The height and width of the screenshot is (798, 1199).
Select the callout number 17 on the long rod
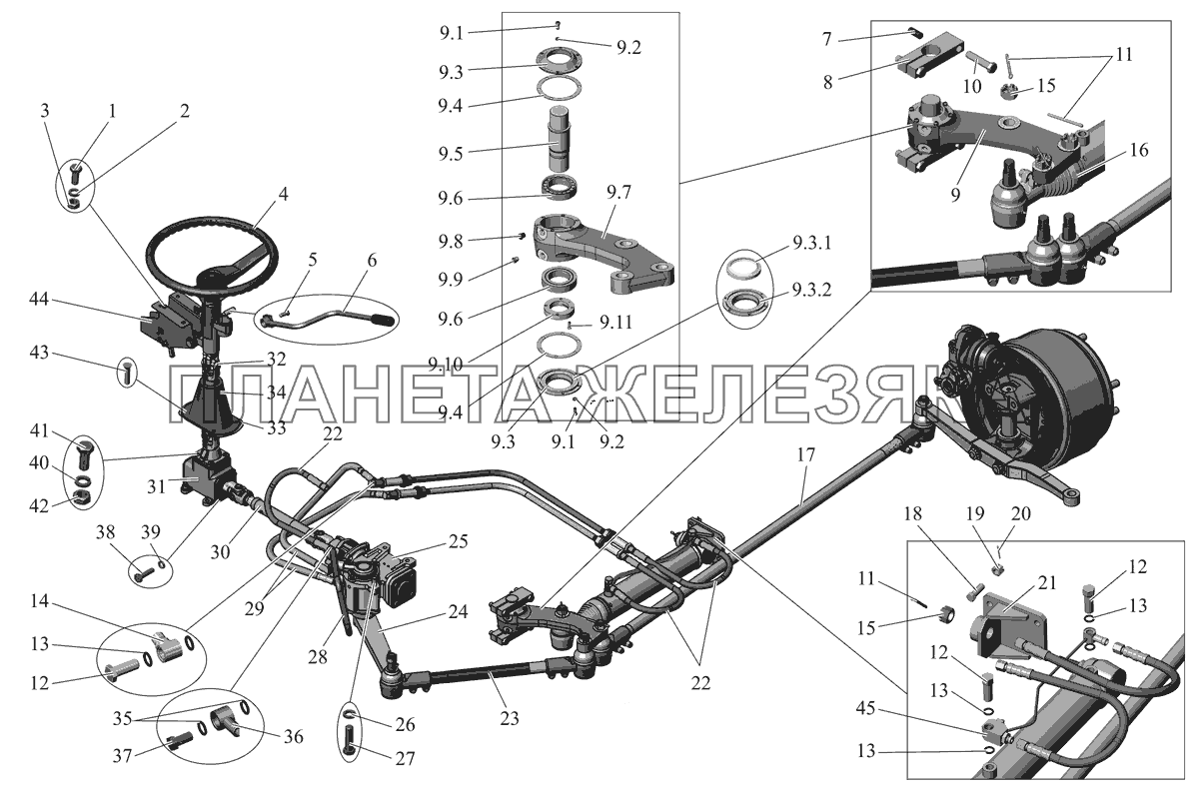coord(806,454)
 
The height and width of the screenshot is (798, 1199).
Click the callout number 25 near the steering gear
coord(458,542)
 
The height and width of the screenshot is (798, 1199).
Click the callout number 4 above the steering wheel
coord(283,195)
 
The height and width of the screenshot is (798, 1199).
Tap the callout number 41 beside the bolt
coord(65,432)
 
